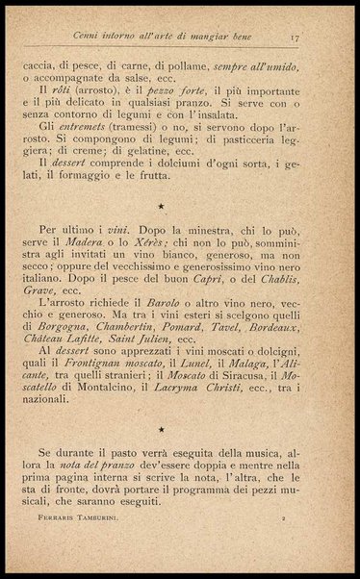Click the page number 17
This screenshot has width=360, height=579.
(298, 39)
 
